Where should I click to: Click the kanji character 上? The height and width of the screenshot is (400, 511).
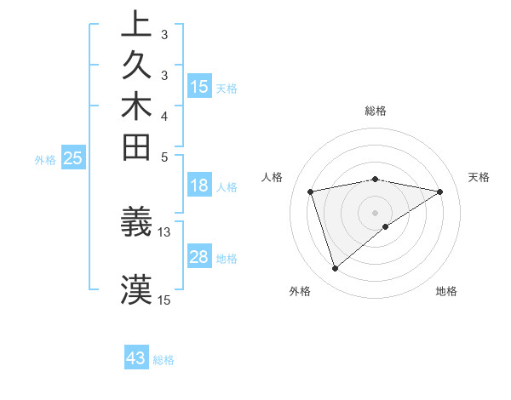click(x=136, y=25)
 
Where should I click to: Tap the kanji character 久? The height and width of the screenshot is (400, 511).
click(x=136, y=66)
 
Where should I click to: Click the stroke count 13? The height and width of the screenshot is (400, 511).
click(x=164, y=231)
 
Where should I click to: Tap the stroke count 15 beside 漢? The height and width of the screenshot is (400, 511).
click(x=164, y=300)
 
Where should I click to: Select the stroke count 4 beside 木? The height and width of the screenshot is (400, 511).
click(x=164, y=116)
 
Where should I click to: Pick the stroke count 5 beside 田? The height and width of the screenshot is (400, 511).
click(x=164, y=157)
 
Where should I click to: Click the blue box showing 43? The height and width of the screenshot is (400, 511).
click(x=136, y=359)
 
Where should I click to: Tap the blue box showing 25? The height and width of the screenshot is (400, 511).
click(x=73, y=157)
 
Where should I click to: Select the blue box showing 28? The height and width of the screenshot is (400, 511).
click(x=199, y=257)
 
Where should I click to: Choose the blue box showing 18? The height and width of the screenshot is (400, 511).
click(x=199, y=186)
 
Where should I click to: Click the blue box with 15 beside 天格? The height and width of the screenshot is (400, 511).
click(x=199, y=86)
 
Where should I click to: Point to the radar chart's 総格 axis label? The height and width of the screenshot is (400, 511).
click(x=376, y=111)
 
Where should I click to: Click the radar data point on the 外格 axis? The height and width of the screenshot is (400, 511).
click(x=335, y=269)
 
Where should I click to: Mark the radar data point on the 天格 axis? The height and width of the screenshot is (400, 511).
click(x=440, y=191)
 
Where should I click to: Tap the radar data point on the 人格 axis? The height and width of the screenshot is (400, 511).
click(x=311, y=191)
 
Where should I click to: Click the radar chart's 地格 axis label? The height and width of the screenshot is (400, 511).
click(x=446, y=291)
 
